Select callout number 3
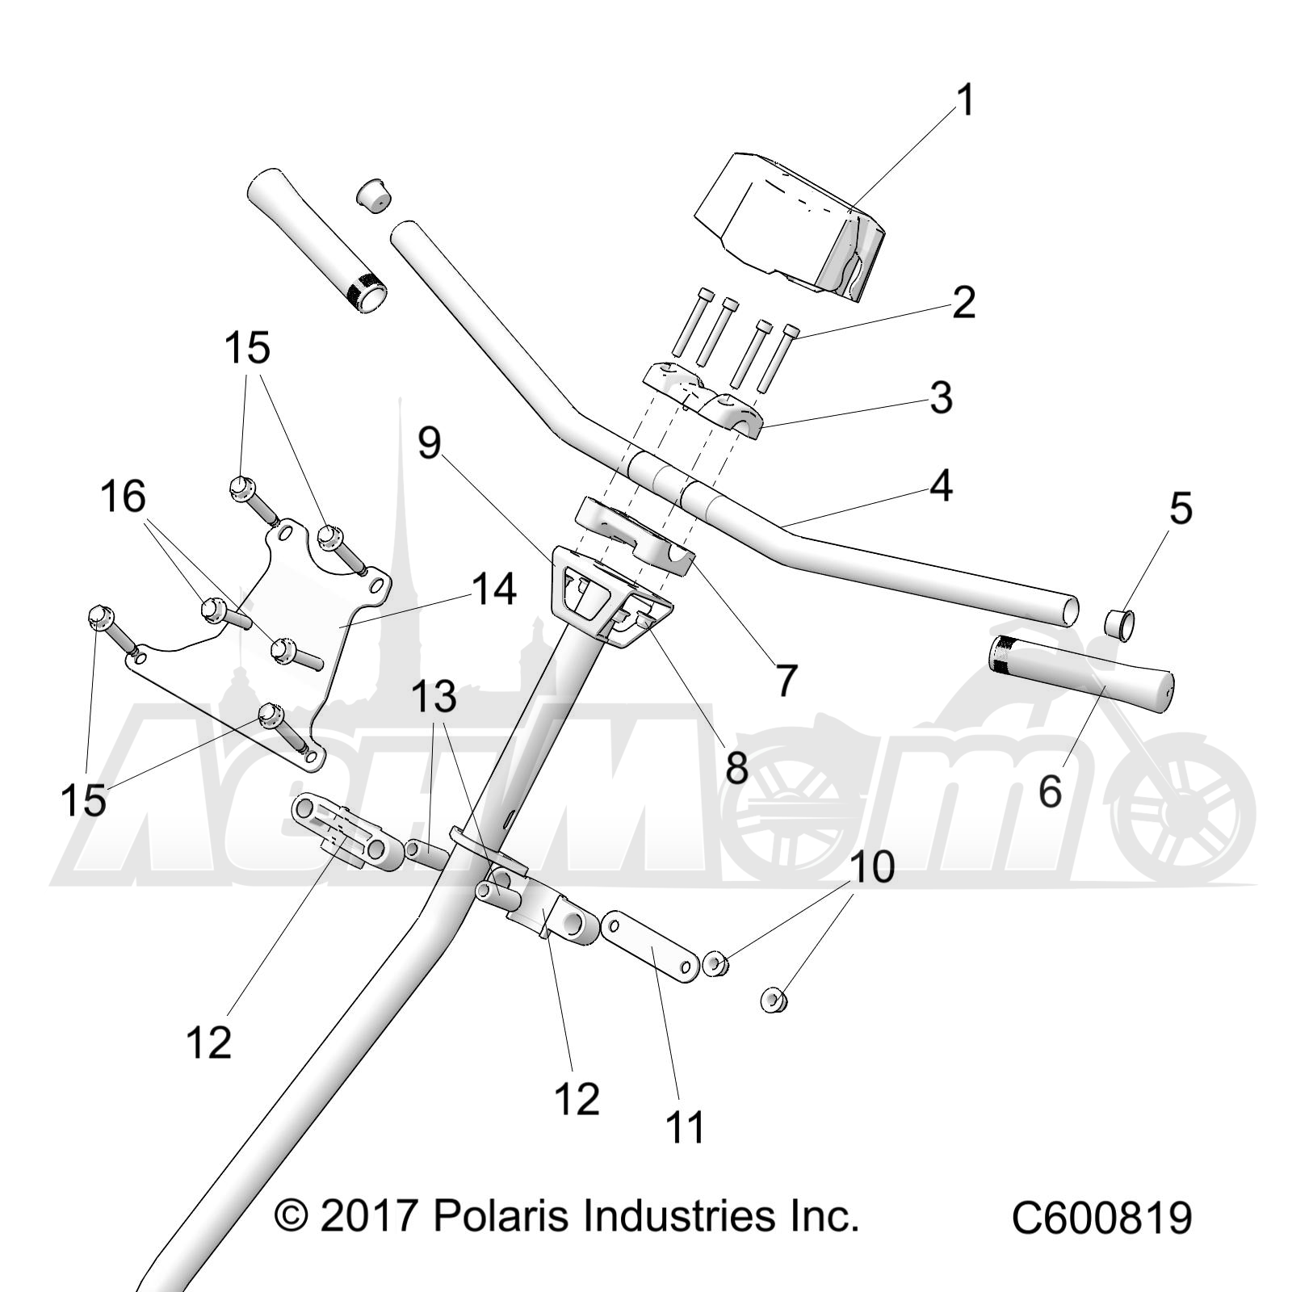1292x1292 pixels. click(941, 399)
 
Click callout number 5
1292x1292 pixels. click(1181, 510)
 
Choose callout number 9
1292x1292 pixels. click(430, 443)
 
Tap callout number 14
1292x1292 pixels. click(493, 589)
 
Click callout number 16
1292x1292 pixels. click(123, 496)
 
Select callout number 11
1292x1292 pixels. click(685, 1127)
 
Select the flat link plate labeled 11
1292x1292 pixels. click(651, 948)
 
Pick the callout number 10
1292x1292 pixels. click(872, 866)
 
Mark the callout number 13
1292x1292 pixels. click(434, 697)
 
